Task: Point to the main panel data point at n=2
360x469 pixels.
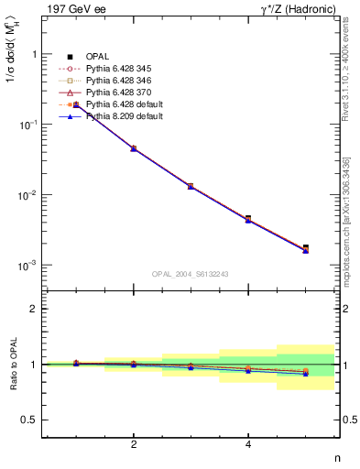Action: pyautogui.click(x=134, y=147)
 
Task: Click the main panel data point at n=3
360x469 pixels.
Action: pyautogui.click(x=191, y=186)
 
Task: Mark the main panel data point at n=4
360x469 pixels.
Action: pyautogui.click(x=248, y=219)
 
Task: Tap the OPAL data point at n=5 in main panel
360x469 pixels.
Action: pyautogui.click(x=305, y=247)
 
